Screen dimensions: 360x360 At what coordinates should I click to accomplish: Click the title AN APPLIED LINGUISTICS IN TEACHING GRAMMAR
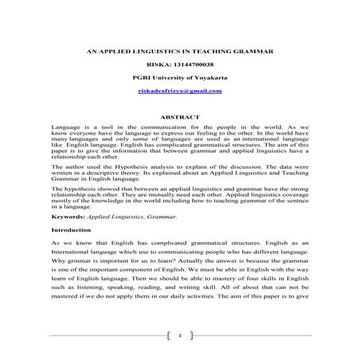point(179,50)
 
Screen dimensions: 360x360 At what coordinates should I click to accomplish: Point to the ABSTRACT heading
point(179,117)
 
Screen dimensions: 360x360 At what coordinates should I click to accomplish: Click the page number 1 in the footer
point(180,336)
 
